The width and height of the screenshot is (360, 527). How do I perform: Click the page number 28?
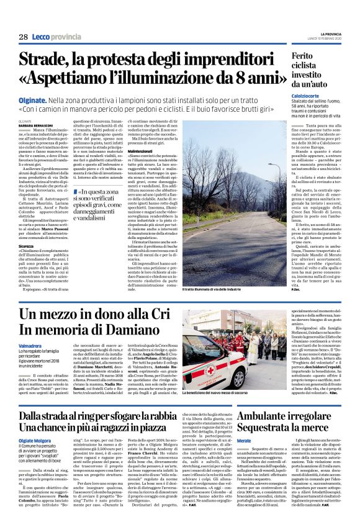click(22, 37)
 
